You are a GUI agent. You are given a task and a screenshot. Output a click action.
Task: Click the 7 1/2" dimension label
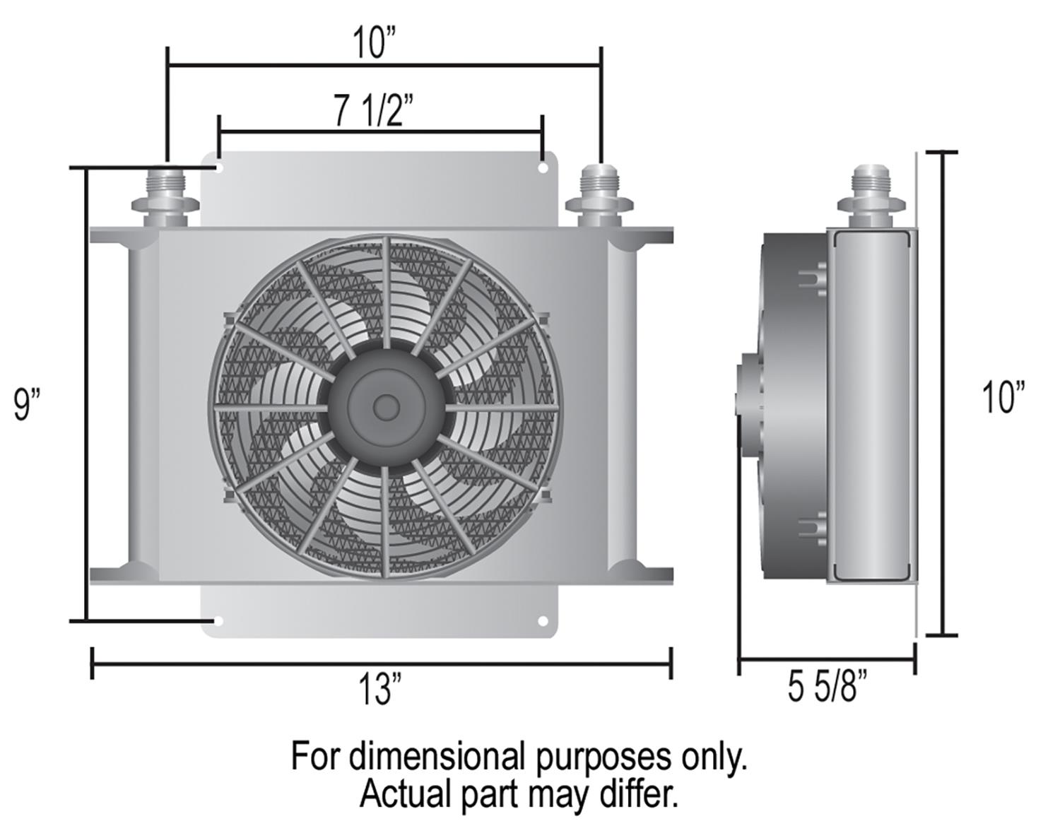pos(373,110)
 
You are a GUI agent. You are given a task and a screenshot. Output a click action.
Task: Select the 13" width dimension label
pos(379,689)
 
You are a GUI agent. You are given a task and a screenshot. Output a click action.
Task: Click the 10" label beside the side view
pos(1003,396)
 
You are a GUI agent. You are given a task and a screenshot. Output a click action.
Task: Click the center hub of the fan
pos(385,406)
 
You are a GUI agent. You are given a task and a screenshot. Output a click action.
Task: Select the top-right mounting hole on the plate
pos(543,169)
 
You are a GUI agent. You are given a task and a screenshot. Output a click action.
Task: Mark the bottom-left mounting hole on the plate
pos(218,621)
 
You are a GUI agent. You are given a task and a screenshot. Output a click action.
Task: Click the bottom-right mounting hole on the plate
pos(543,621)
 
